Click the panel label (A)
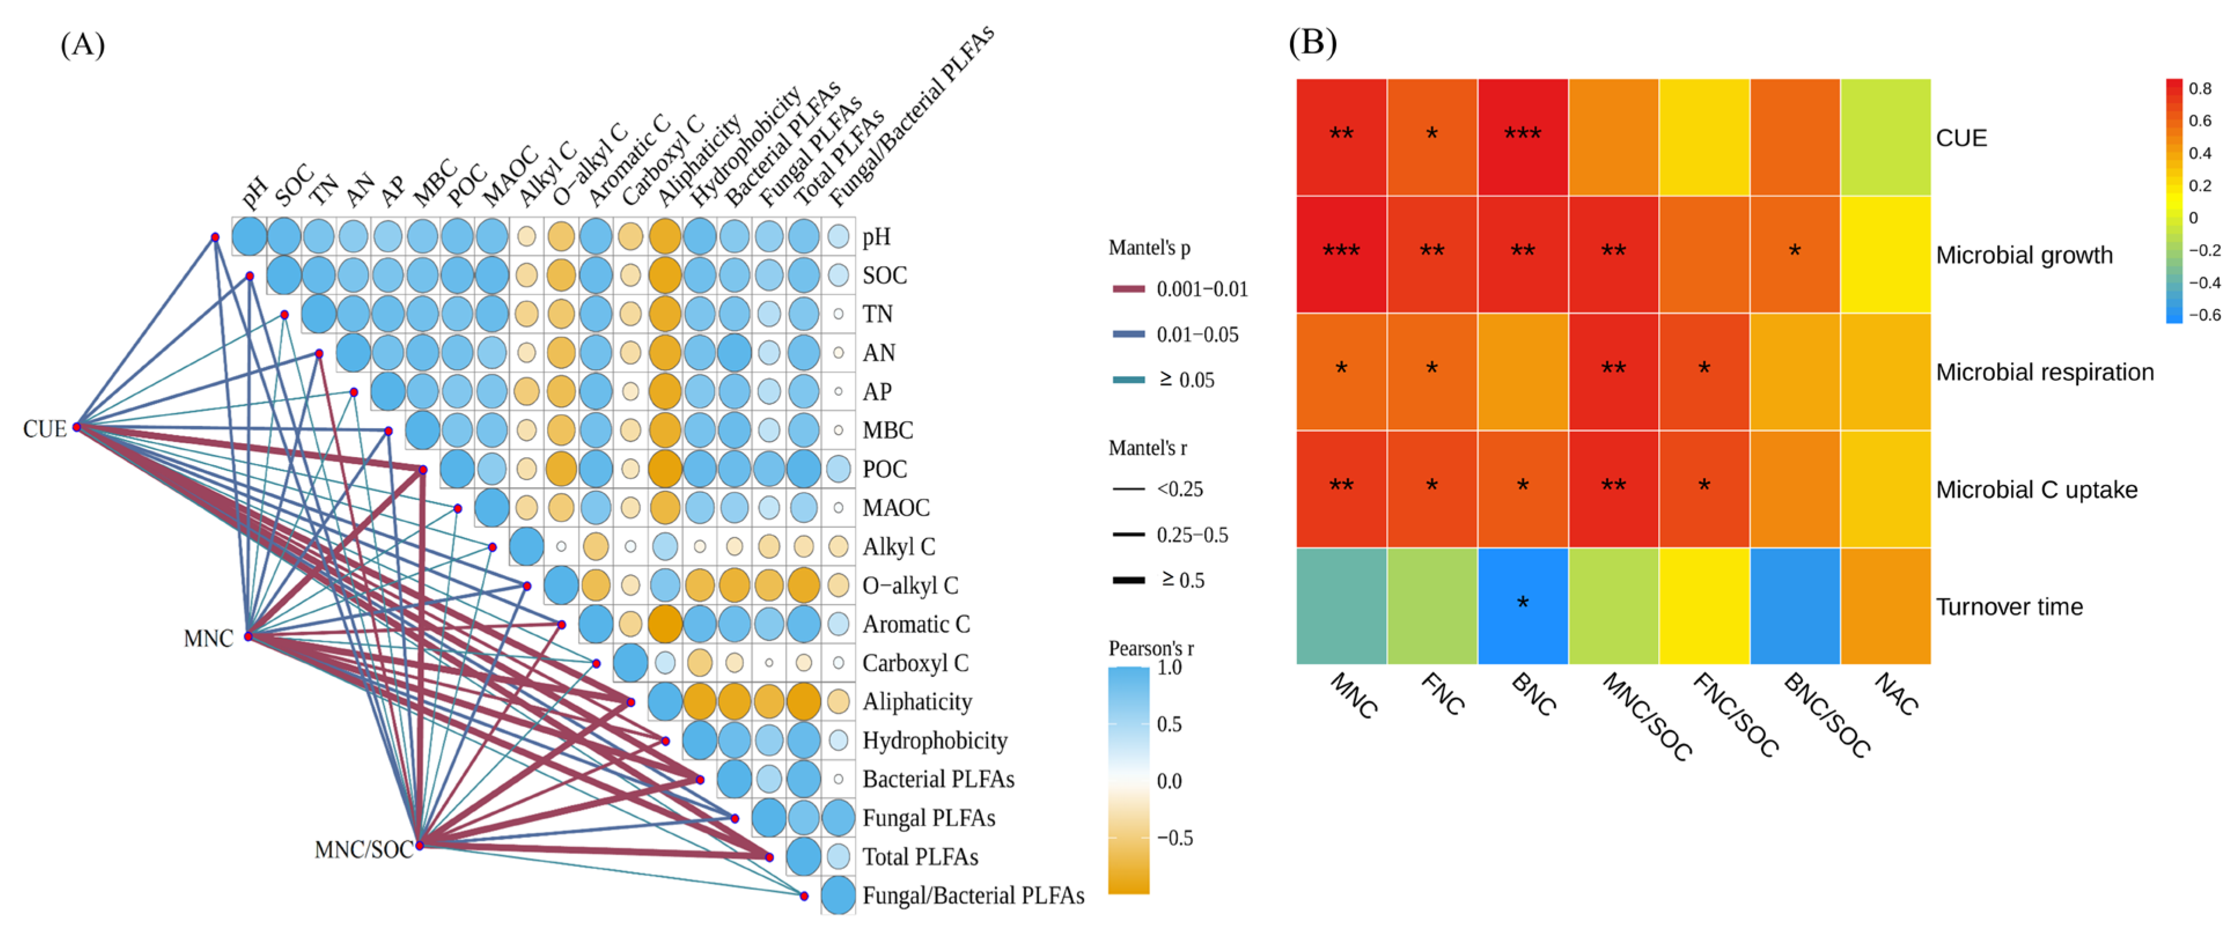[x=83, y=43]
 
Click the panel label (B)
[x=1312, y=42]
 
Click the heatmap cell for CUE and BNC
[x=1522, y=137]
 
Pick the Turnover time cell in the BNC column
[x=1522, y=606]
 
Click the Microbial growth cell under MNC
[x=1342, y=254]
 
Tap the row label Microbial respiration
[x=2044, y=372]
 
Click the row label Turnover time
[x=2009, y=606]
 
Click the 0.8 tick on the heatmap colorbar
[x=2200, y=89]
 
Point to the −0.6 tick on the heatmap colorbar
[x=2203, y=315]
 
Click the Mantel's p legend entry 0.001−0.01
[x=1201, y=289]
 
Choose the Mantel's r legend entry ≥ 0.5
[x=1182, y=580]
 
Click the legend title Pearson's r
[x=1151, y=648]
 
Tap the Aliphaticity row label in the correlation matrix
[x=917, y=701]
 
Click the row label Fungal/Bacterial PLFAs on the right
[x=973, y=895]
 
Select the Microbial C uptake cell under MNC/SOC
[x=1614, y=488]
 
